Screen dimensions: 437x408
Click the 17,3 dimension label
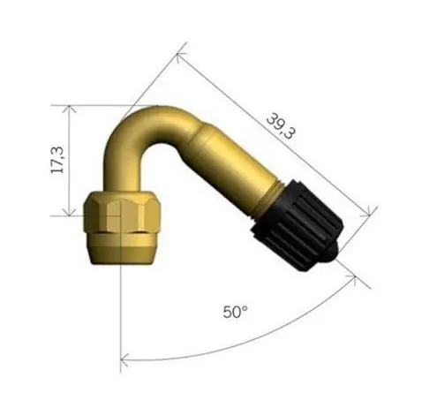[x=57, y=159]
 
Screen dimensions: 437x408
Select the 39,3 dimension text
[x=281, y=127]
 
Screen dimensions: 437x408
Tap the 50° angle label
[x=235, y=312]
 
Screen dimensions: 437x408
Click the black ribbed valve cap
[x=298, y=224]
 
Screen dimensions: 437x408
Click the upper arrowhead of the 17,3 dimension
[x=69, y=109]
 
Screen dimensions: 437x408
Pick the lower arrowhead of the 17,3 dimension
[x=69, y=212]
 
